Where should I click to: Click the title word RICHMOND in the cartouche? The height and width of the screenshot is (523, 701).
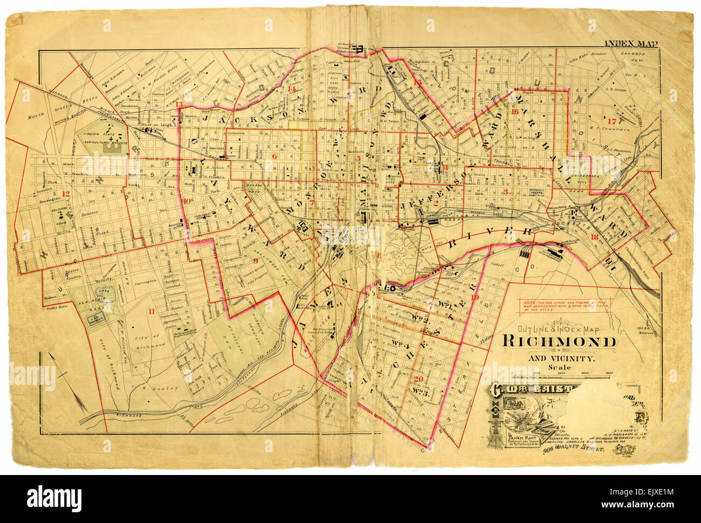(560, 342)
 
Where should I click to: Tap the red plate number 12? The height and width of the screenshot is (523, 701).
(66, 194)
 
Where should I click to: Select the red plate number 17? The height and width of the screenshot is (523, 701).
(611, 121)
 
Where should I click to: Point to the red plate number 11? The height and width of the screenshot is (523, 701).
(152, 311)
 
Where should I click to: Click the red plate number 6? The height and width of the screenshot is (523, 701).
(274, 156)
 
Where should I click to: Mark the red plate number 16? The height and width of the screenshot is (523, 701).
(514, 112)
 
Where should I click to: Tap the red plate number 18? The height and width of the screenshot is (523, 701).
(594, 237)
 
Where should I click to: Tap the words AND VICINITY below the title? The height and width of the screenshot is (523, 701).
(561, 358)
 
